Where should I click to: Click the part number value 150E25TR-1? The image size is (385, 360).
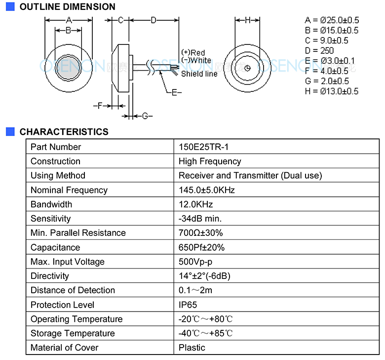(x=203, y=147)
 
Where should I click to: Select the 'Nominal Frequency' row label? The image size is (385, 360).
(x=69, y=190)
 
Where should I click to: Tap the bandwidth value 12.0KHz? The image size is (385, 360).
(x=195, y=204)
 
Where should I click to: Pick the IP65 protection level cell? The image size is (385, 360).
(x=188, y=305)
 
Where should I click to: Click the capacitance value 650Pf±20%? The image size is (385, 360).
(x=201, y=247)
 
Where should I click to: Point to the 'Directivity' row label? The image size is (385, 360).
(x=50, y=276)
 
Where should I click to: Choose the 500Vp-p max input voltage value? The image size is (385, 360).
(x=195, y=262)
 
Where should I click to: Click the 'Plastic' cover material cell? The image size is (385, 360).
(x=192, y=348)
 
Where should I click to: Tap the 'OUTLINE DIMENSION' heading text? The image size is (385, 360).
(x=68, y=6)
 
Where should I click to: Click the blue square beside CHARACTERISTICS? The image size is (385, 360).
(x=10, y=132)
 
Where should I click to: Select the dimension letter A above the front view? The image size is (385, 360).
(x=69, y=20)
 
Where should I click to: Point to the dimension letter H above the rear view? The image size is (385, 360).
(x=247, y=20)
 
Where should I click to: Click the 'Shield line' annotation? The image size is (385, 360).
(x=199, y=74)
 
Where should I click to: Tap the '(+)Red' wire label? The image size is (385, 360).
(x=193, y=52)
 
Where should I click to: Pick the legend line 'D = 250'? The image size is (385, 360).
(x=319, y=50)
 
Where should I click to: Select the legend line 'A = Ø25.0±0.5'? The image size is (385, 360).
(x=332, y=20)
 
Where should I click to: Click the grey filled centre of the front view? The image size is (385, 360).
(x=69, y=68)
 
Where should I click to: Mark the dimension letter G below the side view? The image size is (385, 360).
(x=145, y=116)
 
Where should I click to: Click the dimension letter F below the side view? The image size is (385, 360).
(x=99, y=106)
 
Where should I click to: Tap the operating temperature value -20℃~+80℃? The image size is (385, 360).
(x=205, y=319)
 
